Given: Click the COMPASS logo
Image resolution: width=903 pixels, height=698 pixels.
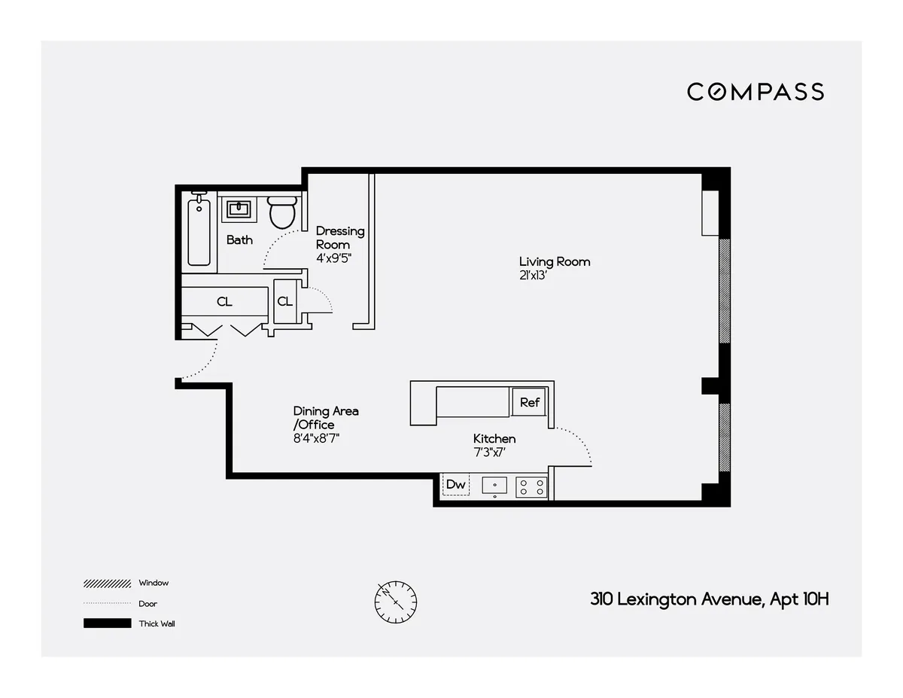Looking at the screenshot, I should (755, 92).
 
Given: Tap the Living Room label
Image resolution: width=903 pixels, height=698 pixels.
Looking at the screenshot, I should (555, 262).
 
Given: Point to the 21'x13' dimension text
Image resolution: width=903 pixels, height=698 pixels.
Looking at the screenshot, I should (533, 275).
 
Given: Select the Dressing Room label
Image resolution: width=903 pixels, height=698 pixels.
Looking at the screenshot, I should (339, 237).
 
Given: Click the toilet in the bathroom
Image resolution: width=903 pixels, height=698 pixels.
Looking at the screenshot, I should (281, 212).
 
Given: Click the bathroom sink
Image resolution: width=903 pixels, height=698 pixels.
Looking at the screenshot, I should (239, 208).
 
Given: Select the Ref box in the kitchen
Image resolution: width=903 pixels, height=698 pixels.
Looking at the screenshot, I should (530, 402).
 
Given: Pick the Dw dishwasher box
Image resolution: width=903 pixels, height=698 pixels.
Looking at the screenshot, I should (456, 485).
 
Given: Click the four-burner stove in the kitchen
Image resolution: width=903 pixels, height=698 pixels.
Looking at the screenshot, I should (531, 486).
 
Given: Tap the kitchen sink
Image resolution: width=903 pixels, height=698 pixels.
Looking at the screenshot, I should (494, 486).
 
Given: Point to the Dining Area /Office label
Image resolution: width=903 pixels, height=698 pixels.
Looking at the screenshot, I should (326, 418).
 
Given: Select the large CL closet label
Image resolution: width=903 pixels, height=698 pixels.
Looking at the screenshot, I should (224, 302).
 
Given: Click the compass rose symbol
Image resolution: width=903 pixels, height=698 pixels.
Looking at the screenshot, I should (396, 600).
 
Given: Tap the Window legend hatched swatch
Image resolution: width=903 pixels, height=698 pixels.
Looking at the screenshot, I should (108, 583).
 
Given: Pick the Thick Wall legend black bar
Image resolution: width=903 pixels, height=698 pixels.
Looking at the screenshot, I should (108, 623).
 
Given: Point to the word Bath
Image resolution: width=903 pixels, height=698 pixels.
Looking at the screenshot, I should (239, 240).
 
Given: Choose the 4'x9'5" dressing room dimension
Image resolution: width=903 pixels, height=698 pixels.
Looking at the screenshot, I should (333, 258).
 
